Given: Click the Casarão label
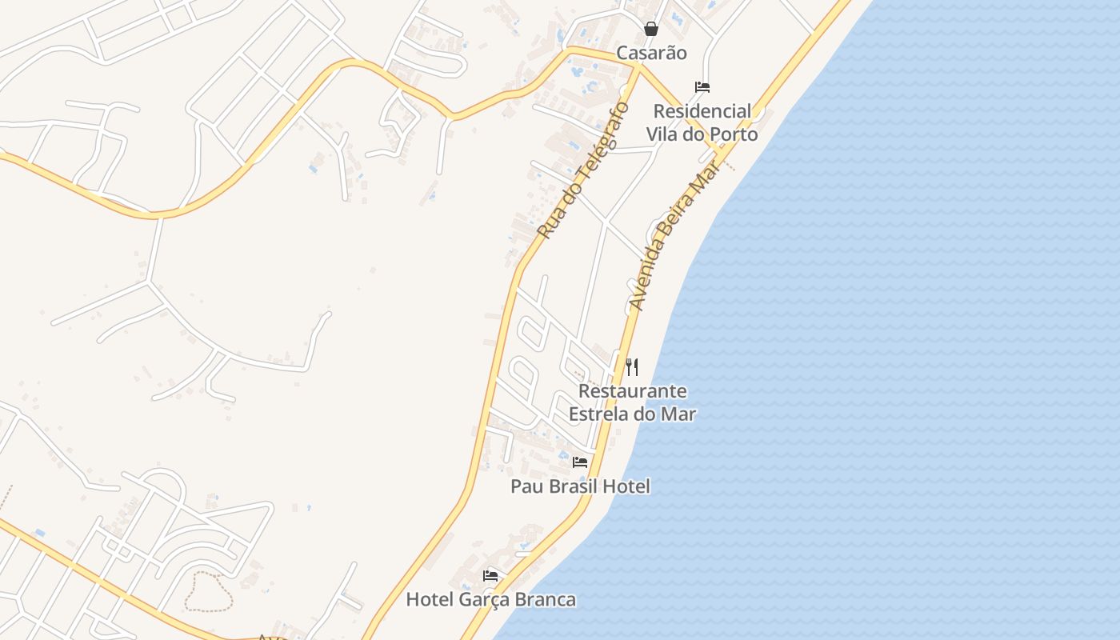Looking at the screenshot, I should (651, 53).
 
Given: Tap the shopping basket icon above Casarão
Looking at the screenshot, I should (651, 29).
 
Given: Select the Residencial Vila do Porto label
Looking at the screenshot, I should (702, 122).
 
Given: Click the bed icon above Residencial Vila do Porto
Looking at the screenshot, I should (702, 86).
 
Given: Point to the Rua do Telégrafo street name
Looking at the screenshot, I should (583, 170).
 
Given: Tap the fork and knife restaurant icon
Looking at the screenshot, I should (632, 367).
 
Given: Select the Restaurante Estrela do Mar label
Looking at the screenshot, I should (632, 402).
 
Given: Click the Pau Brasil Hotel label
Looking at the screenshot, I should (580, 486).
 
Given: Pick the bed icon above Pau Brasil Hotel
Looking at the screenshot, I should (580, 462).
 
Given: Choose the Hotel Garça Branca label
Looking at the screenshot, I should (490, 599).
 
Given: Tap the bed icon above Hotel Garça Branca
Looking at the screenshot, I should (490, 575).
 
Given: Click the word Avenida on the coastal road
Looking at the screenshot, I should (647, 277).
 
